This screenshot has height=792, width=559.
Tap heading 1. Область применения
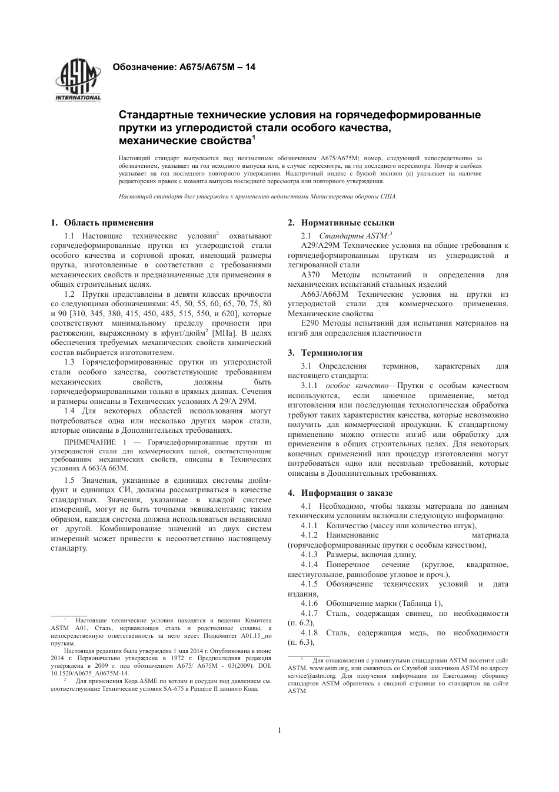coord(102,223)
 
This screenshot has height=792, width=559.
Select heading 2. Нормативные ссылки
coord(341,223)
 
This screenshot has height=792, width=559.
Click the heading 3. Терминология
coord(325,353)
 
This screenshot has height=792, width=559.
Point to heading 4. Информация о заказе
coord(340,493)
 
